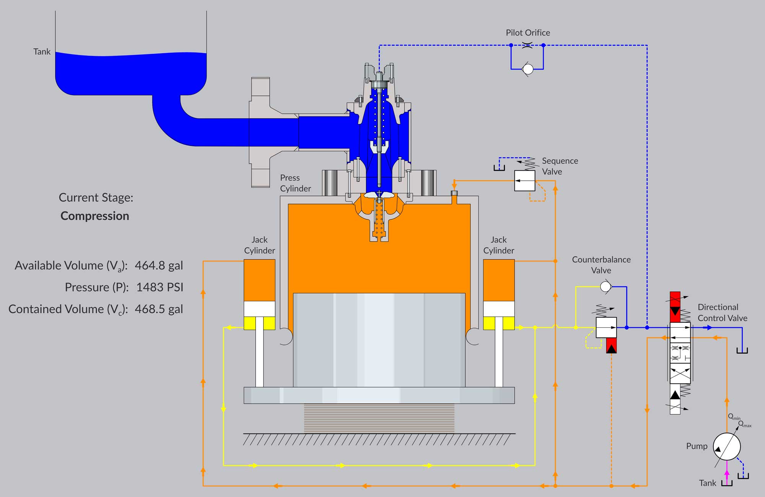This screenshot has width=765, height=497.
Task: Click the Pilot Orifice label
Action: click(x=528, y=33)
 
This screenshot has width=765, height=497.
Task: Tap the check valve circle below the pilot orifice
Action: click(x=527, y=69)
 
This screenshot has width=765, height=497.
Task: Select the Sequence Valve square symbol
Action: click(x=525, y=181)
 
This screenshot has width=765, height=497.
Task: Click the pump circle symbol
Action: click(x=727, y=446)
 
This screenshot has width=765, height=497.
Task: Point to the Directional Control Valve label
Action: click(x=722, y=312)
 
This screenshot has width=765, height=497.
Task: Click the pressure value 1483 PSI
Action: click(x=160, y=287)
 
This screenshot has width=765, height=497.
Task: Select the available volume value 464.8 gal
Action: click(x=159, y=265)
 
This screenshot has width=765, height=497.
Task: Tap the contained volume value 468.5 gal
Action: click(x=159, y=309)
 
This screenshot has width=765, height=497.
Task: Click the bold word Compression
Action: click(x=95, y=216)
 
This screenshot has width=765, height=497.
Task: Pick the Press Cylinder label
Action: click(x=295, y=183)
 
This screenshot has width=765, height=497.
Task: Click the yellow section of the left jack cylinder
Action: click(x=259, y=323)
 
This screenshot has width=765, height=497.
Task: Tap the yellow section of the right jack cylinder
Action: click(x=499, y=323)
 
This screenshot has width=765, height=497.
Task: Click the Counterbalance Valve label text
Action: click(x=601, y=265)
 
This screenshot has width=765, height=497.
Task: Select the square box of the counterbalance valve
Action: click(x=606, y=327)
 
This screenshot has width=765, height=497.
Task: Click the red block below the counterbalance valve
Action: click(x=611, y=345)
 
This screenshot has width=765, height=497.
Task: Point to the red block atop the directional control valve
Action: click(x=675, y=307)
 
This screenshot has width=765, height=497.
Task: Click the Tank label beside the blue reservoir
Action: click(x=42, y=52)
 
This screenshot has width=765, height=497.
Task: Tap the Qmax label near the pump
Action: click(x=745, y=424)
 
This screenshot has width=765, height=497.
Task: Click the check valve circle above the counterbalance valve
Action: click(x=605, y=286)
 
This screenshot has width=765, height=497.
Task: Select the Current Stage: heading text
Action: click(x=96, y=198)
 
